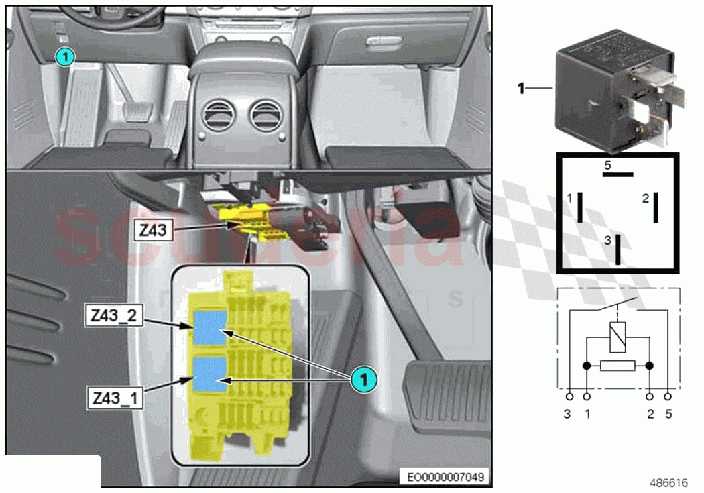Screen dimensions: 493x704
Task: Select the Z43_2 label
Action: tap(112, 315)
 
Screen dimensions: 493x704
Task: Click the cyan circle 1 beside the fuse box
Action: tap(363, 380)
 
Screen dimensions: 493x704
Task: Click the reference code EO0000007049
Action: tap(445, 477)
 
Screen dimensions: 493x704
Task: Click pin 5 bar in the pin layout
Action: tap(618, 174)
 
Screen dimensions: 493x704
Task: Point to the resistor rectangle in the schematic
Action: tap(618, 366)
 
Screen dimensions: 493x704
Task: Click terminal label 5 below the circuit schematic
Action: tap(668, 415)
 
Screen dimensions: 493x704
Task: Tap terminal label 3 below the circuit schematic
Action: tap(567, 415)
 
